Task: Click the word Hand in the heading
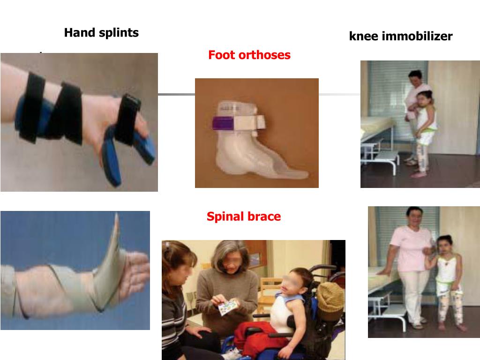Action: point(78,33)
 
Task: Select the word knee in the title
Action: point(364,36)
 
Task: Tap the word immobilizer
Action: point(417,36)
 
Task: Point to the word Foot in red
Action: point(221,55)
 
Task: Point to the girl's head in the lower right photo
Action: point(444,244)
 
